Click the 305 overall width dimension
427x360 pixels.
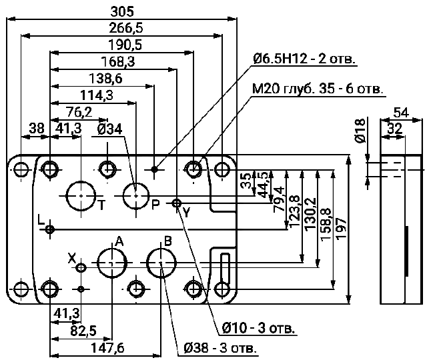click(x=121, y=11)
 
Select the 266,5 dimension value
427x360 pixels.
click(x=121, y=27)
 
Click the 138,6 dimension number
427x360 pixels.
click(x=103, y=78)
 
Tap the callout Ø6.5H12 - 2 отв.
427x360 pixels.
click(x=304, y=59)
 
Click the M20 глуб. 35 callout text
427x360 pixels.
click(x=317, y=89)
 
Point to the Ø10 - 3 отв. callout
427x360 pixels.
click(x=257, y=329)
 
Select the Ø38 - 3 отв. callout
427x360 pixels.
click(x=220, y=348)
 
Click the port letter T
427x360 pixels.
click(x=101, y=205)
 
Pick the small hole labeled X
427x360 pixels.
click(x=81, y=268)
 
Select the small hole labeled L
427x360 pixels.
click(x=50, y=229)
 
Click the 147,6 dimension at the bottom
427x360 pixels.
click(x=106, y=348)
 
